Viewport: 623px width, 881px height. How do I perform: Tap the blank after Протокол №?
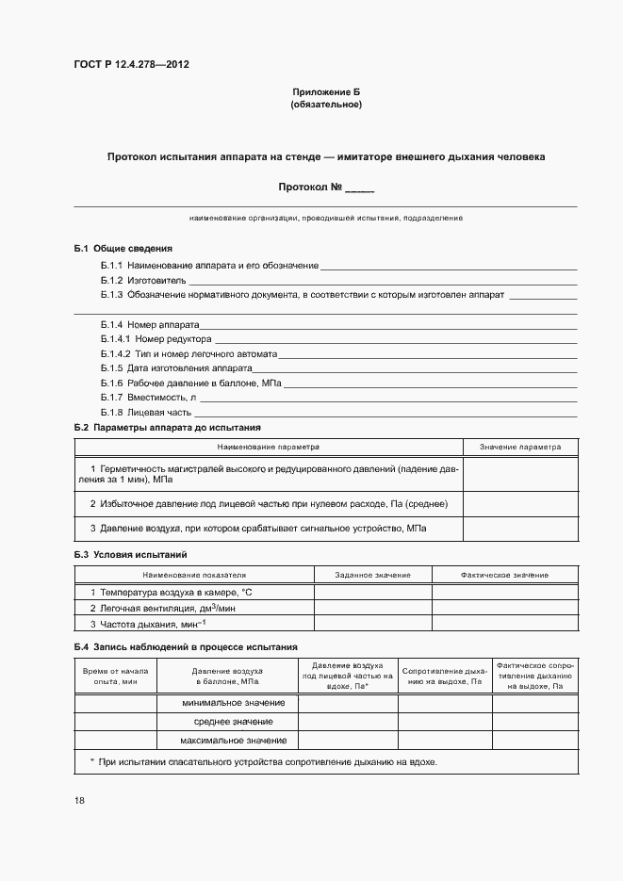click(360, 188)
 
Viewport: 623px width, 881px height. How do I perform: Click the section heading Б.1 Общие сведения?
click(123, 248)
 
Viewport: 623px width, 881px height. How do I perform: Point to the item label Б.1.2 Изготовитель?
click(143, 281)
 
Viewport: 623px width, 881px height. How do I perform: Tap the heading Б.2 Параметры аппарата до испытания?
click(168, 428)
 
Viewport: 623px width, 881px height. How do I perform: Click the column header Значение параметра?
click(519, 447)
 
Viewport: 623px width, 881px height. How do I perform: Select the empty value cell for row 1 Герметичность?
click(519, 474)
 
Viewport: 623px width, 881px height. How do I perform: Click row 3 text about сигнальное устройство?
click(258, 529)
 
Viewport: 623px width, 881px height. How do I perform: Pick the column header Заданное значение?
click(372, 575)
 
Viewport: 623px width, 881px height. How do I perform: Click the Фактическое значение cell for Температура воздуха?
click(504, 592)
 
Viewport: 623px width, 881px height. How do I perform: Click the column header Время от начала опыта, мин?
click(116, 675)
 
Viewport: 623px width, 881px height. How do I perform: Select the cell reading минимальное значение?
click(226, 703)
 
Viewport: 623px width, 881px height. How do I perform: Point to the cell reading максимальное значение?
click(226, 741)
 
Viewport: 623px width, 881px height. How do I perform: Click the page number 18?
click(79, 801)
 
